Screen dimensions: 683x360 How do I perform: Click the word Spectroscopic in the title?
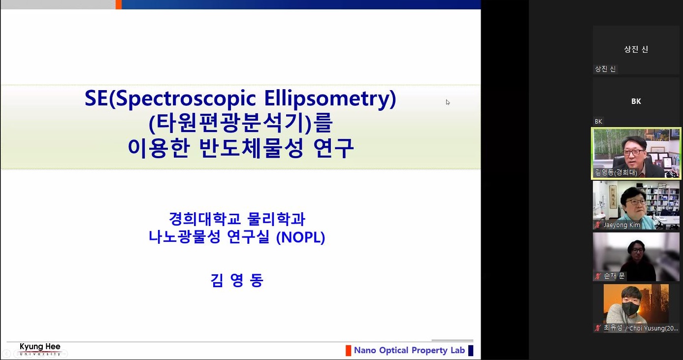tap(186, 99)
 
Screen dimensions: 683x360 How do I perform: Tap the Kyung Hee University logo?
tap(40, 349)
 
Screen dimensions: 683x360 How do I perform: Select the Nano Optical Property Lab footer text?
tap(409, 350)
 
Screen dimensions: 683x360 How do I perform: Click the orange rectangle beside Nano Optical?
tap(348, 351)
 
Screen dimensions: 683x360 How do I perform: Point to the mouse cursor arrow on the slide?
tap(448, 102)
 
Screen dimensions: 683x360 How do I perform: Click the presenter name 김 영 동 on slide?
tap(236, 280)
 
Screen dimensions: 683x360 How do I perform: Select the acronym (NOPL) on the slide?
tap(300, 237)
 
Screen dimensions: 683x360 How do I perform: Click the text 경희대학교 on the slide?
tap(205, 219)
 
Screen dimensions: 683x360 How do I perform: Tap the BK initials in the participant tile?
tap(636, 101)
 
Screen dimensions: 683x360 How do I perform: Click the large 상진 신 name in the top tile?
tap(636, 49)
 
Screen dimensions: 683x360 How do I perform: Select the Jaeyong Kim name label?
tap(622, 225)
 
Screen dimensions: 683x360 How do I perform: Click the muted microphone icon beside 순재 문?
tap(598, 276)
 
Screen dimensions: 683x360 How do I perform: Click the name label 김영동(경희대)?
tap(616, 172)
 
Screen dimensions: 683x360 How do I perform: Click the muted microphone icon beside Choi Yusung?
tap(598, 328)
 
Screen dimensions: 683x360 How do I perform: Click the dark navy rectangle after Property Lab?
tap(471, 351)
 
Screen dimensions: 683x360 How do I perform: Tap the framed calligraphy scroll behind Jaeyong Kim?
tap(613, 197)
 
